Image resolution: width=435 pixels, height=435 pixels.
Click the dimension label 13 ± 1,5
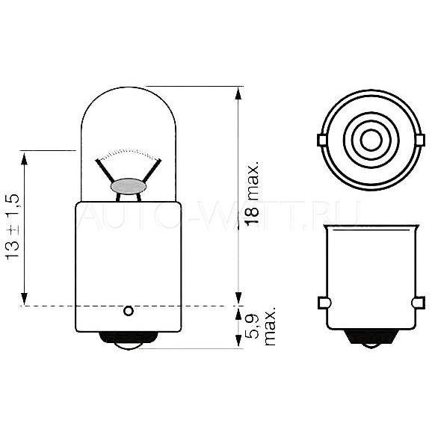coord(13,227)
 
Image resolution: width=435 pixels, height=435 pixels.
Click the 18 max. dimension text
coord(253,192)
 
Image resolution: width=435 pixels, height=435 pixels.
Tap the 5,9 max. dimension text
coord(262,326)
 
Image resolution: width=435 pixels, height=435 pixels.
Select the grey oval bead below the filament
coord(128,186)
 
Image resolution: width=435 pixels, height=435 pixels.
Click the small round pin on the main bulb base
coord(129,311)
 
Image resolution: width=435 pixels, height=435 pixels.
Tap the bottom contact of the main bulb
coord(128,341)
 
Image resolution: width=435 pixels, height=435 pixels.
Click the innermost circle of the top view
coord(371,140)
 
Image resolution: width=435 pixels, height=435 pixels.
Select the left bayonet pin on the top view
coord(321,140)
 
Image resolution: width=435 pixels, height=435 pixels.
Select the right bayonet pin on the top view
coord(421,140)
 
